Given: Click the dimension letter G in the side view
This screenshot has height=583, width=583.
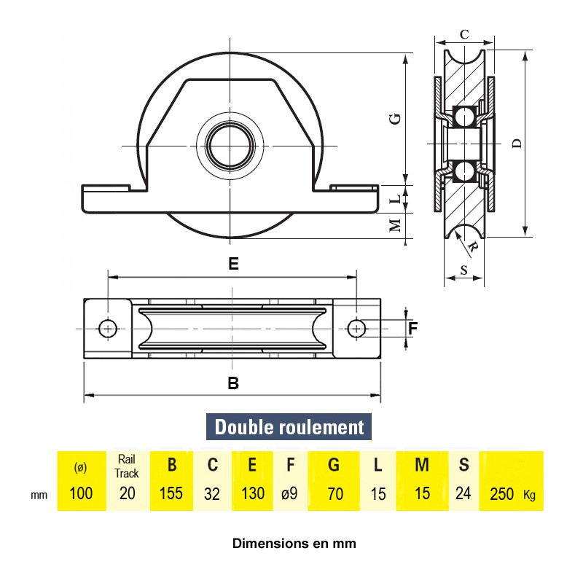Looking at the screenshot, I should [x=395, y=118].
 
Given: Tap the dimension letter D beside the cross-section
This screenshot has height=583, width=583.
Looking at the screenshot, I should [x=517, y=144].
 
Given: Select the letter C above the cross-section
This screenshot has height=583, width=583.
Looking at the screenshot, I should [x=464, y=34].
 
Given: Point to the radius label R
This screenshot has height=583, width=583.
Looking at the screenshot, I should [x=473, y=247].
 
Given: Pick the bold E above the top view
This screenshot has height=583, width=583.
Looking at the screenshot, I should [x=233, y=264].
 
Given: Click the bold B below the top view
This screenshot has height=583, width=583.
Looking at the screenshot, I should [x=233, y=383].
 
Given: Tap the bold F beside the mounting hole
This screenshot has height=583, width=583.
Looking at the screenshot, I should [x=413, y=329].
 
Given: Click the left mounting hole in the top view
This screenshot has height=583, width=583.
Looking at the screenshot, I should [x=109, y=329].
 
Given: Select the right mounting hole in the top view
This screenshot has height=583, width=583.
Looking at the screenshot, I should [x=356, y=329].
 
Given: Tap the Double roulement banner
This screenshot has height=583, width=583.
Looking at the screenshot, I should [x=289, y=427].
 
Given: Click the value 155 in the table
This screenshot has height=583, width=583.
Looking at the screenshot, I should [x=171, y=494].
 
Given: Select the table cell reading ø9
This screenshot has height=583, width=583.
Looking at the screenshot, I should [x=289, y=494].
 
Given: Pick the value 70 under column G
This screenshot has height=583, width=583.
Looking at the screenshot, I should [x=335, y=494].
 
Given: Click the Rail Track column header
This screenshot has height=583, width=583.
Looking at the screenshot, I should [x=127, y=466].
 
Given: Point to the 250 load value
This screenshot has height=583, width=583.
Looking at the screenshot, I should [x=503, y=494].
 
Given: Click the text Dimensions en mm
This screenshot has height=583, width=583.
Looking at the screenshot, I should [x=294, y=543].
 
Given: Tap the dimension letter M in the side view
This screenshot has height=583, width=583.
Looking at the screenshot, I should [x=395, y=224].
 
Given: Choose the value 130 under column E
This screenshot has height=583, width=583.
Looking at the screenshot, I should [x=252, y=494].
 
